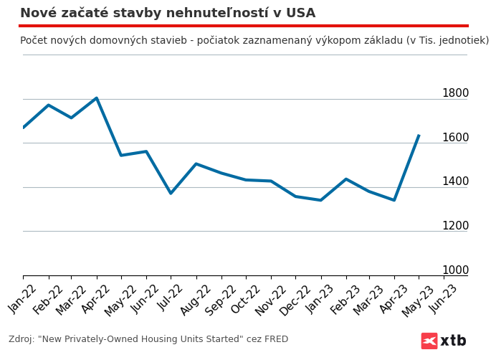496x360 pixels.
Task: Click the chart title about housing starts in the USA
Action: click(x=168, y=14)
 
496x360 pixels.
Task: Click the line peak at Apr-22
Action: click(x=97, y=98)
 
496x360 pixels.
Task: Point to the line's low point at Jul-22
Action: click(x=171, y=194)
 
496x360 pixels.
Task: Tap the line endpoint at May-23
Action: click(x=419, y=136)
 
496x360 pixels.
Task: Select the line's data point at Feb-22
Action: click(x=48, y=105)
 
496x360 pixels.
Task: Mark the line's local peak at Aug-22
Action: click(x=196, y=164)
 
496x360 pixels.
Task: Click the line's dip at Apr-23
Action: click(x=394, y=200)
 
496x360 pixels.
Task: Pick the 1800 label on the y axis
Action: click(x=455, y=93)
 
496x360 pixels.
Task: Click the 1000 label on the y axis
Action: click(x=455, y=270)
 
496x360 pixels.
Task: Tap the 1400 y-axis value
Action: click(x=455, y=181)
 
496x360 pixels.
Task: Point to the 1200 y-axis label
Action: click(x=455, y=226)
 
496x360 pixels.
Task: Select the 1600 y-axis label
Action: click(x=455, y=138)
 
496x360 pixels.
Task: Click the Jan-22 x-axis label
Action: click(x=23, y=298)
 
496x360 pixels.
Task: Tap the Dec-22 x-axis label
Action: click(x=295, y=298)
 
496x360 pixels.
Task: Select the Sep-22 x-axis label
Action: click(x=221, y=298)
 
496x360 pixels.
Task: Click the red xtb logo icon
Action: click(x=429, y=341)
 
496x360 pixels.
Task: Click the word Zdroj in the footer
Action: click(x=22, y=340)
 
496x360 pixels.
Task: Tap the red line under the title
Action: click(x=244, y=26)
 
